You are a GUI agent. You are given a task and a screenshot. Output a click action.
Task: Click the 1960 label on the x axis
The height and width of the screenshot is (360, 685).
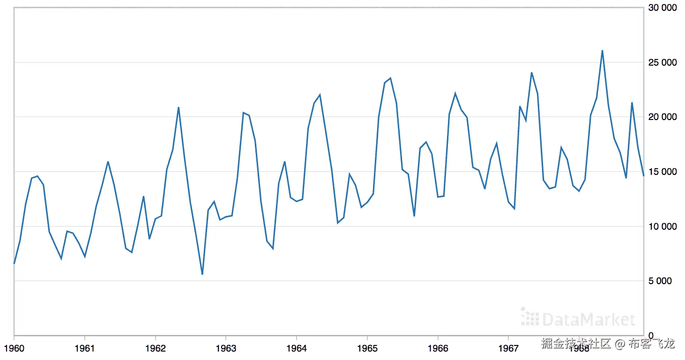click(x=14, y=348)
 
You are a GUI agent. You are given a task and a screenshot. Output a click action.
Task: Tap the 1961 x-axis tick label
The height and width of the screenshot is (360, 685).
click(x=84, y=348)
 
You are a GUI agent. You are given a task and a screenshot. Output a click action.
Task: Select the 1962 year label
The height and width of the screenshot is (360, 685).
click(x=155, y=348)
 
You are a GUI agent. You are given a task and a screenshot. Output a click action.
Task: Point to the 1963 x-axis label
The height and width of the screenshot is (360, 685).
click(x=226, y=348)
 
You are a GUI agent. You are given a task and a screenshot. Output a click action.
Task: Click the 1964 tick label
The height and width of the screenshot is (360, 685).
click(x=296, y=348)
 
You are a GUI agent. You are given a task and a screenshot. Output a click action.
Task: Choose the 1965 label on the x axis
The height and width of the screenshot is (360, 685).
click(x=367, y=348)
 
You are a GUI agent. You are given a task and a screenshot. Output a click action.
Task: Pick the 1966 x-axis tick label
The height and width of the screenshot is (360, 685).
click(x=438, y=348)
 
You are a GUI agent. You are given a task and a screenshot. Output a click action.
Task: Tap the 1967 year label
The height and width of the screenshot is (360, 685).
click(x=508, y=348)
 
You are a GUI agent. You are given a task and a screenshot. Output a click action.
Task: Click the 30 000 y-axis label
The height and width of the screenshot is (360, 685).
click(x=663, y=8)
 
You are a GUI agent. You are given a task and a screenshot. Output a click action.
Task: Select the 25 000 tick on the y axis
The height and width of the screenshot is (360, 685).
click(x=663, y=62)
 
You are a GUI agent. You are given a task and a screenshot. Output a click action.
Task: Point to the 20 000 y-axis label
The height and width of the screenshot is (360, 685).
click(x=663, y=117)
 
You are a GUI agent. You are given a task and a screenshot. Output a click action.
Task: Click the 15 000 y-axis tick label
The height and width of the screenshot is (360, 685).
click(x=663, y=172)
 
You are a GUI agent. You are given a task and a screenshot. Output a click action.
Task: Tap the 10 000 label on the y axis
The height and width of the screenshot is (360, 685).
click(x=663, y=226)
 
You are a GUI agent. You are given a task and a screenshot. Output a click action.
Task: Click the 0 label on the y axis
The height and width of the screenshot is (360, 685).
click(x=652, y=336)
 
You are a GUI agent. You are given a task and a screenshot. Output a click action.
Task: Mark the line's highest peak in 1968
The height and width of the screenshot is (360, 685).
click(x=602, y=51)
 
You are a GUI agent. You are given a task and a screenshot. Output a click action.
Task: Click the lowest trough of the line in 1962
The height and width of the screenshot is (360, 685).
click(x=202, y=274)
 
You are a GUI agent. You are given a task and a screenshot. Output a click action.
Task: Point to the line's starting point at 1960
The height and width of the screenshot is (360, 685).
click(x=14, y=264)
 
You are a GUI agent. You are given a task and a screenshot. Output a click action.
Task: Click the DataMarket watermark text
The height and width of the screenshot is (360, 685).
click(x=588, y=320)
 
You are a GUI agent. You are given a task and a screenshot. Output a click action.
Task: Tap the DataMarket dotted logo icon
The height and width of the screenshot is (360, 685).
click(x=530, y=317)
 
